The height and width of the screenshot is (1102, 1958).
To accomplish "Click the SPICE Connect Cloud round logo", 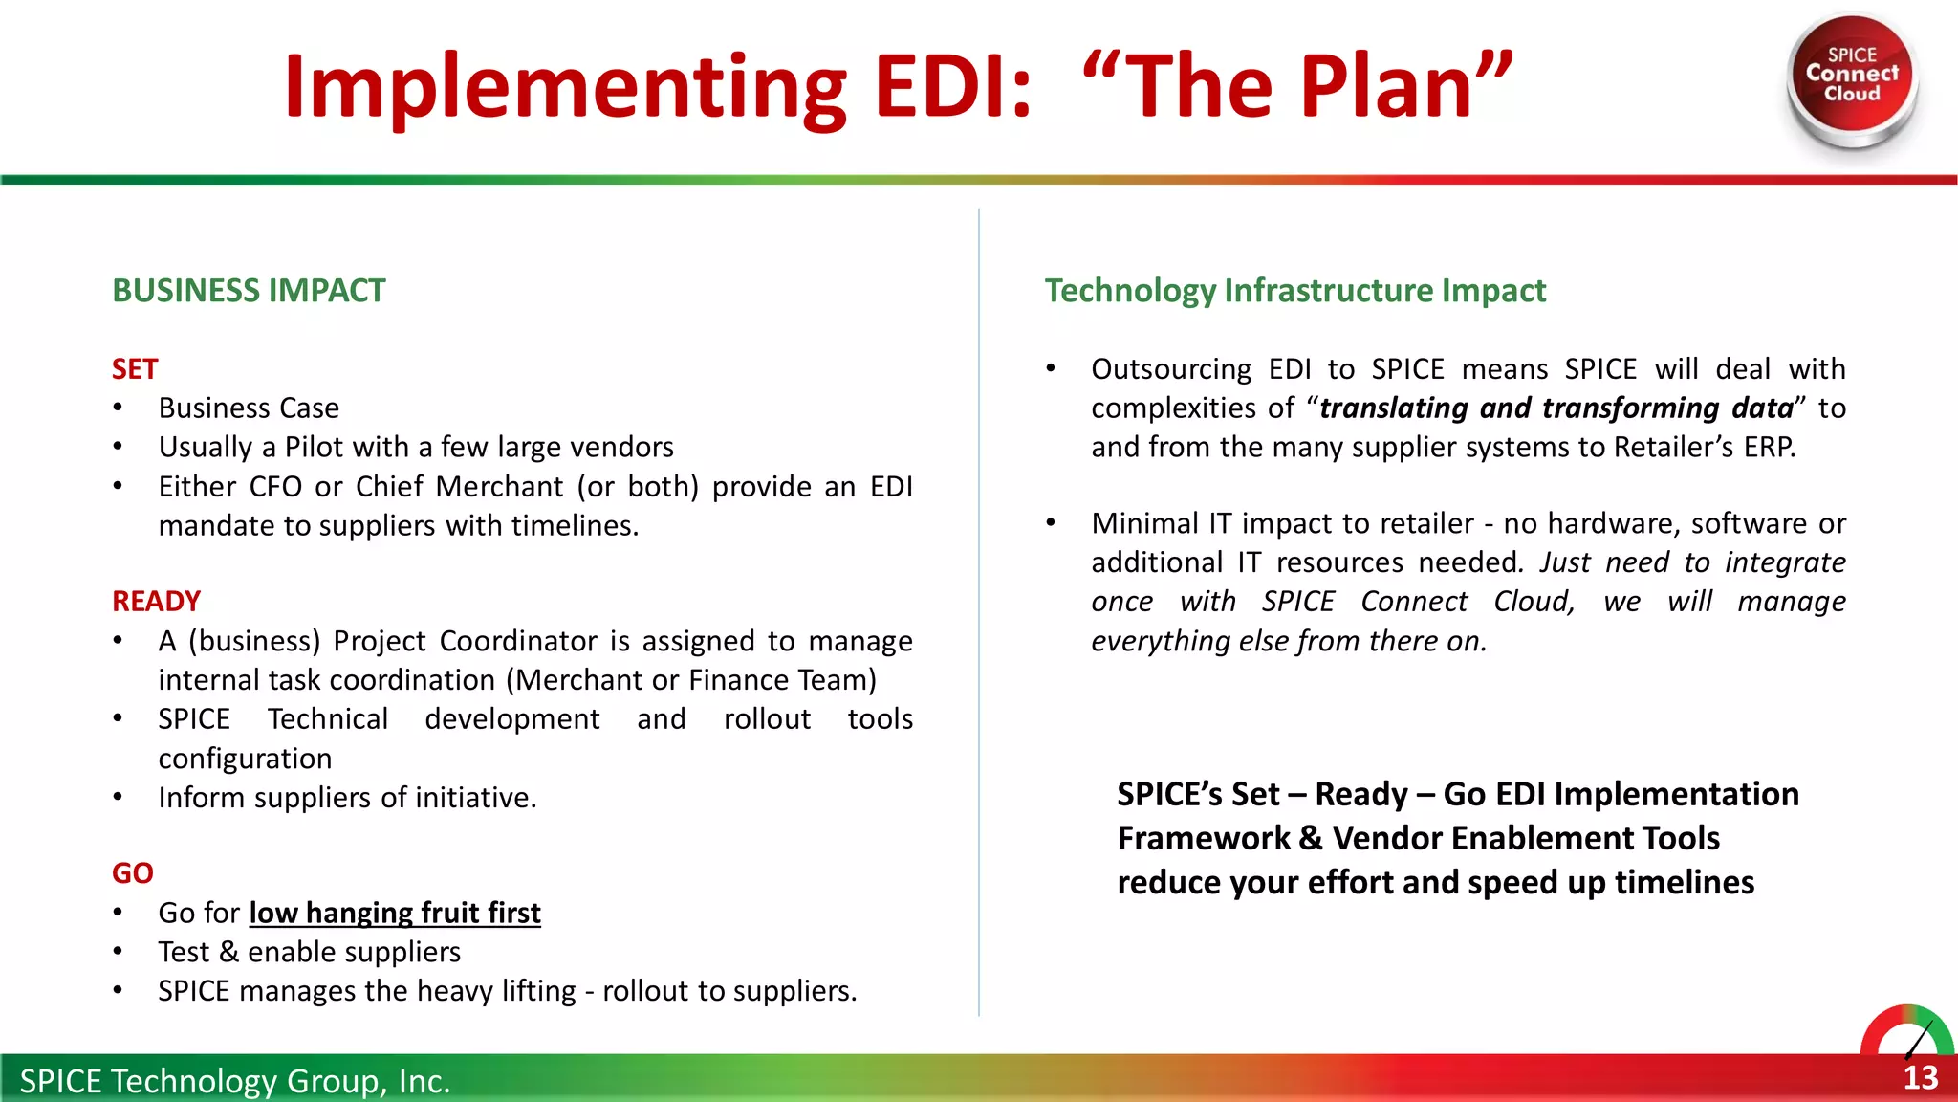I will point(1852,77).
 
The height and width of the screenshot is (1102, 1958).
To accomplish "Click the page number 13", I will point(1920,1078).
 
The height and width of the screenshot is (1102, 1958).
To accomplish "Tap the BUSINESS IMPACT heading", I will point(249,291).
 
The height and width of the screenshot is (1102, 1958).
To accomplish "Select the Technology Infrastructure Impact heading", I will point(1294,291).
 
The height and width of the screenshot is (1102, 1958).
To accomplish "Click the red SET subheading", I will point(134,369).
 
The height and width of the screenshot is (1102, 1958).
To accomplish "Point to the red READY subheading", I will point(156,602).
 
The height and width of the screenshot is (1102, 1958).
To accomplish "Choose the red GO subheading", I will point(132,873).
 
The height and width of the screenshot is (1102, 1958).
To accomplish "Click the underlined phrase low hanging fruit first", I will point(395,913).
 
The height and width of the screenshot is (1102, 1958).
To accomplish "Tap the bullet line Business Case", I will point(249,408).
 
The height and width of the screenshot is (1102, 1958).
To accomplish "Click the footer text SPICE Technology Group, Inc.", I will point(234,1081).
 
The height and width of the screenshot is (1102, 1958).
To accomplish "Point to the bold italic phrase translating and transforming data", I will point(1556,408).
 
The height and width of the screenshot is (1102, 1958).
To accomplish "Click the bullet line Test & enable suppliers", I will point(309,952).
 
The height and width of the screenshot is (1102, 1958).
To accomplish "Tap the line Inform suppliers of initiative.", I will point(347,798).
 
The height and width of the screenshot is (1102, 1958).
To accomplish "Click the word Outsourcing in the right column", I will point(1171,369).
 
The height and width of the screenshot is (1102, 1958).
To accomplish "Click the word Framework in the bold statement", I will point(1203,839).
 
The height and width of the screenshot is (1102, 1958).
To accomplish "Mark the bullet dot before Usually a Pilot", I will point(118,447).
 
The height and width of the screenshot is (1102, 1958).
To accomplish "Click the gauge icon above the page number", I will point(1906,1031).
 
